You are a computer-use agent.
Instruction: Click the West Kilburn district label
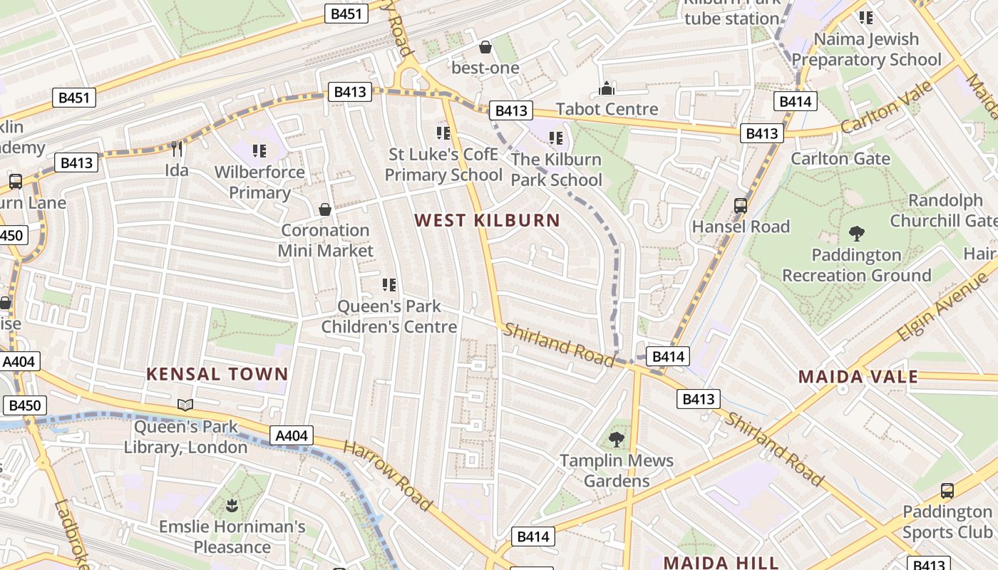[488, 220]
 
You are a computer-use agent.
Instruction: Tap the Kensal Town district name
[217, 374]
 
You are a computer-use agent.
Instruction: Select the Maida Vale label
[858, 377]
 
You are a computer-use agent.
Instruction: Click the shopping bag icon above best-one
[485, 47]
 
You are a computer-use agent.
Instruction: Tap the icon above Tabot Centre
[607, 88]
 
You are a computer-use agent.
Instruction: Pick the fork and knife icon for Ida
[177, 149]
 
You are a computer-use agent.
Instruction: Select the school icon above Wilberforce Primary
[259, 150]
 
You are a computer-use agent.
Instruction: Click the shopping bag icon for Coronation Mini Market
[325, 209]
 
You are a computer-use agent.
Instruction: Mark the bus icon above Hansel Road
[741, 206]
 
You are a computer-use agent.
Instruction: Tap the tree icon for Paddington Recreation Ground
[857, 233]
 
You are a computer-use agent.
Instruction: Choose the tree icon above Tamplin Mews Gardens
[617, 440]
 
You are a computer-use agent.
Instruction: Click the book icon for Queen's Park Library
[185, 405]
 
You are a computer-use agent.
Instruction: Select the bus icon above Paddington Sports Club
[947, 490]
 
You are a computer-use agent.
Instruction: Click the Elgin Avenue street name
[944, 303]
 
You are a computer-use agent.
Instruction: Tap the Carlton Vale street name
[887, 107]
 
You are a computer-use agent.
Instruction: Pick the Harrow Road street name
[388, 475]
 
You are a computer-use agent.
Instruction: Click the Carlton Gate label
[840, 158]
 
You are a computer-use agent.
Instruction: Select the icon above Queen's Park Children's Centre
[389, 285]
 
